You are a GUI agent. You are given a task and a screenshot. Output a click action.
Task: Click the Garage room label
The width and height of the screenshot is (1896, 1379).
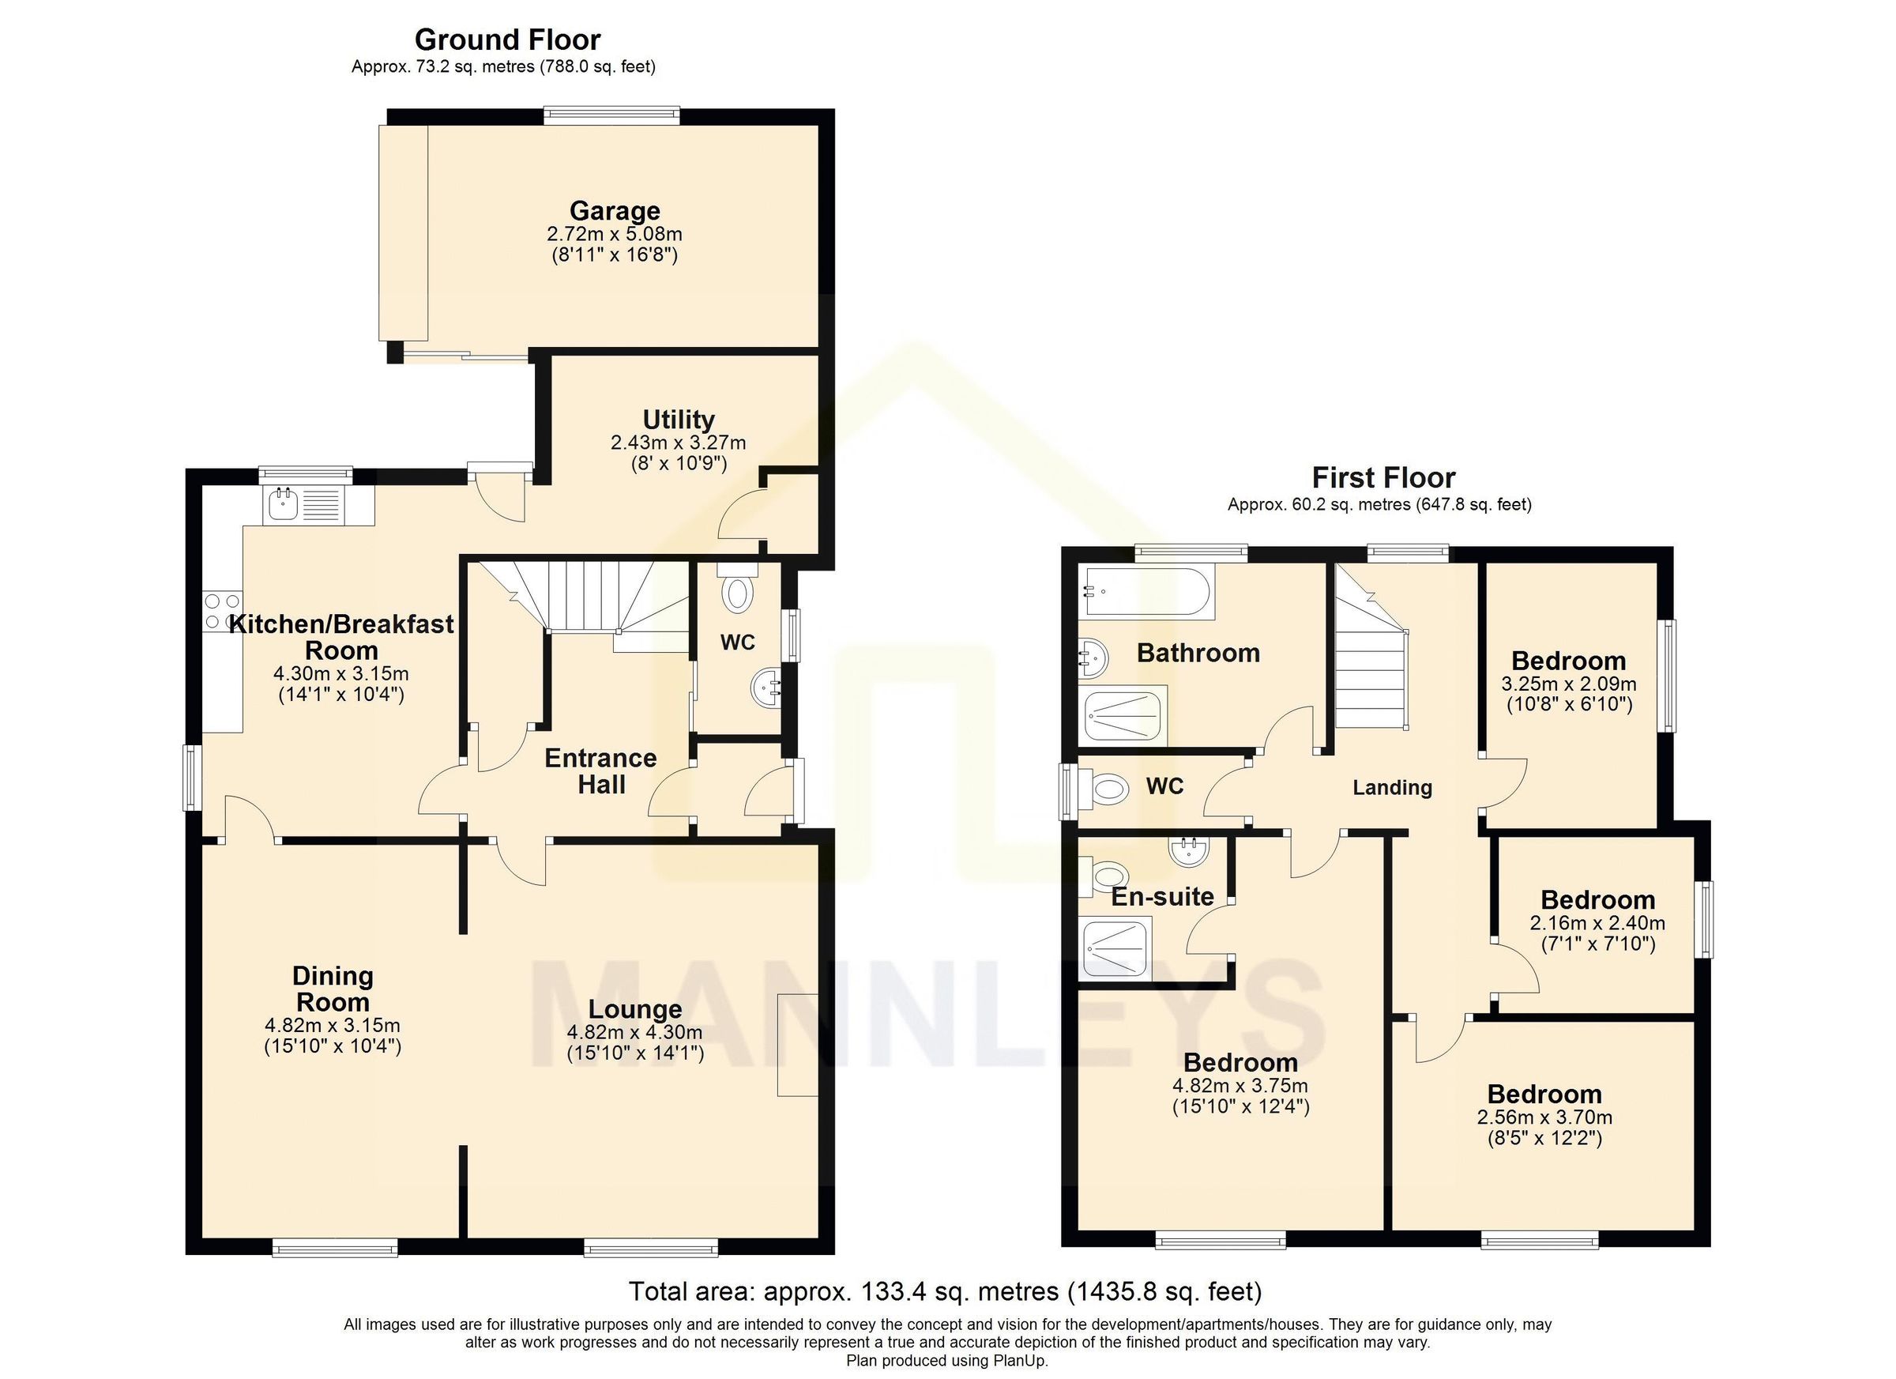(x=615, y=211)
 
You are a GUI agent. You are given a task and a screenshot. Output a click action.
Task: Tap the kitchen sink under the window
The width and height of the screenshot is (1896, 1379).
(x=283, y=504)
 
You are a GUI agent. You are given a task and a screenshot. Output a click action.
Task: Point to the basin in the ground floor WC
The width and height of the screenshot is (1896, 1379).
(x=766, y=688)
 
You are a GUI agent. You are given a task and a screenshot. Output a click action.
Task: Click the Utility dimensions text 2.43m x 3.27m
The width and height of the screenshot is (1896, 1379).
(x=678, y=442)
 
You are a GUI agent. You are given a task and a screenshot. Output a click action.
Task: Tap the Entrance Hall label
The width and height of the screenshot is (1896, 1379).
(x=600, y=771)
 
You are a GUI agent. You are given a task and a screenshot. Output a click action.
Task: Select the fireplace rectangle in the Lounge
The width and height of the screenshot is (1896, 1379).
(x=796, y=1045)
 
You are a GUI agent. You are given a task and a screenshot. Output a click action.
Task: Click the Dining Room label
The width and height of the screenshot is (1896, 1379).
(x=332, y=989)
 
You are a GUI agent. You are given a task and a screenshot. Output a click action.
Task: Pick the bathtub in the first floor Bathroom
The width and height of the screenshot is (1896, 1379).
(x=1146, y=593)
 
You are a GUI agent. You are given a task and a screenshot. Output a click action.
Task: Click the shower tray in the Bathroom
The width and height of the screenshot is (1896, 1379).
(x=1123, y=716)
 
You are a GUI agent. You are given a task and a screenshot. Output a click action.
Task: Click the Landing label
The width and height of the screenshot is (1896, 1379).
(x=1392, y=788)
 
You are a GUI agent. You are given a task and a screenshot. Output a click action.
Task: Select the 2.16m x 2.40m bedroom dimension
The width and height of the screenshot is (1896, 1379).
(x=1597, y=923)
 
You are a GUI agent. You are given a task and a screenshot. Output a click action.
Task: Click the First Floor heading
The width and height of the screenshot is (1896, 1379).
(x=1382, y=477)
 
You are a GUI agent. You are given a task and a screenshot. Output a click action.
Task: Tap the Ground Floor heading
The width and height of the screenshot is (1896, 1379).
(x=507, y=40)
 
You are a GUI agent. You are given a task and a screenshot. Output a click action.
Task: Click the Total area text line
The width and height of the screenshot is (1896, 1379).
(x=945, y=1291)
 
